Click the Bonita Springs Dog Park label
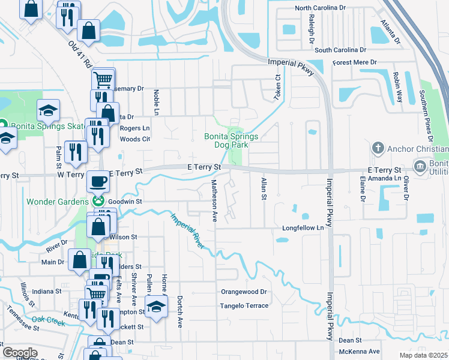pos(231,140)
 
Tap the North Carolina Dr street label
pos(321,8)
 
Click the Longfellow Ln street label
pos(307,228)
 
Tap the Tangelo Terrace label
pos(244,305)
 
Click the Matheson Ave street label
pos(214,200)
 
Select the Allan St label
pos(263,189)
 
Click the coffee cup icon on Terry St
pos(98,180)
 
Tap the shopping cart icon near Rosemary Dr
pos(103,78)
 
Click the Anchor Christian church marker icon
pos(378,148)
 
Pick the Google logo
pos(20,353)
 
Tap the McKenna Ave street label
pos(360,351)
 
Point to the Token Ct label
pos(278,87)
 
